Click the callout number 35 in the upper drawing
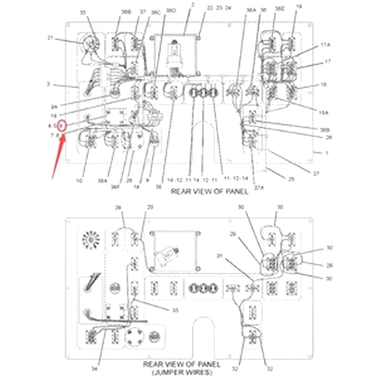coord(83,13)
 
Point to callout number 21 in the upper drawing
coord(51,38)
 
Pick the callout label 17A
coord(326,44)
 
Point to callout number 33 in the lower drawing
coord(175,310)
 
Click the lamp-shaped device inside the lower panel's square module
coord(169,254)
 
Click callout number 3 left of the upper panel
coord(49,84)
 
